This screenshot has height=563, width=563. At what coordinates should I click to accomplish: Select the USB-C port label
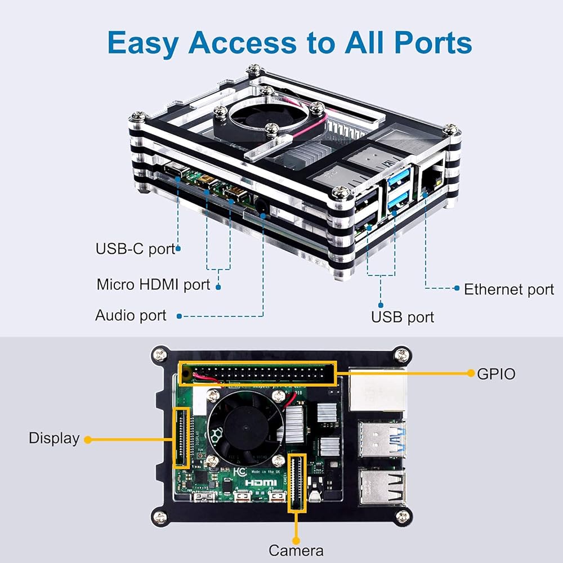[x=136, y=248]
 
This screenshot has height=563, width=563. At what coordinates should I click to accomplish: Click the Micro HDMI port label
[x=153, y=284]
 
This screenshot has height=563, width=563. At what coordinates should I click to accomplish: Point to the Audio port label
[x=131, y=315]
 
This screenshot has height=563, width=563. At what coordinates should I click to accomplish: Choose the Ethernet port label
[x=509, y=289]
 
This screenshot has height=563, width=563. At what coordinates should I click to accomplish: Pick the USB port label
[x=403, y=317]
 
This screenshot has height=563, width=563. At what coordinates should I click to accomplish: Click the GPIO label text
[x=496, y=373]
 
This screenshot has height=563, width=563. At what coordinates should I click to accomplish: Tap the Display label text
[x=54, y=438]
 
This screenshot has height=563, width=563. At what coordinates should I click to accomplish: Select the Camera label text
[x=296, y=550]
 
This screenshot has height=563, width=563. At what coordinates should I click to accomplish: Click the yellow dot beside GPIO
[x=471, y=373]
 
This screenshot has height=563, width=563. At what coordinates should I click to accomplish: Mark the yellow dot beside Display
[x=88, y=439]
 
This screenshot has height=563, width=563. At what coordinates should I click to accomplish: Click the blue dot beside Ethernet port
[x=457, y=288]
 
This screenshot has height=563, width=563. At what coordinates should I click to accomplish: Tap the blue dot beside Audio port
[x=179, y=316]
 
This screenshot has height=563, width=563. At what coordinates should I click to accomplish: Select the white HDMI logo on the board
[x=260, y=482]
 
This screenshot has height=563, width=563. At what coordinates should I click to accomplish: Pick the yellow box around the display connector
[x=181, y=438]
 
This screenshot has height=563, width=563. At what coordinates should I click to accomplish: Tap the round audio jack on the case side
[x=262, y=207]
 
